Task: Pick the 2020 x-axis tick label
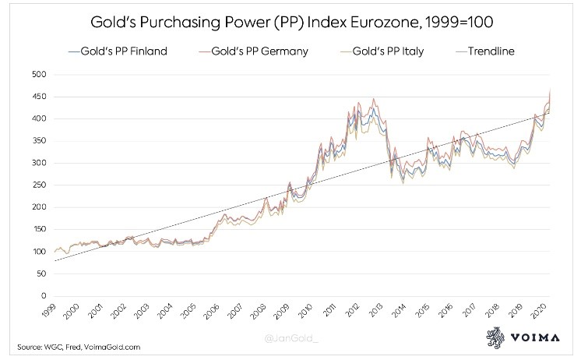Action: [537, 312]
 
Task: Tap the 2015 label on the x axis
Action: [421, 312]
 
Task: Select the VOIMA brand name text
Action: [539, 340]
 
